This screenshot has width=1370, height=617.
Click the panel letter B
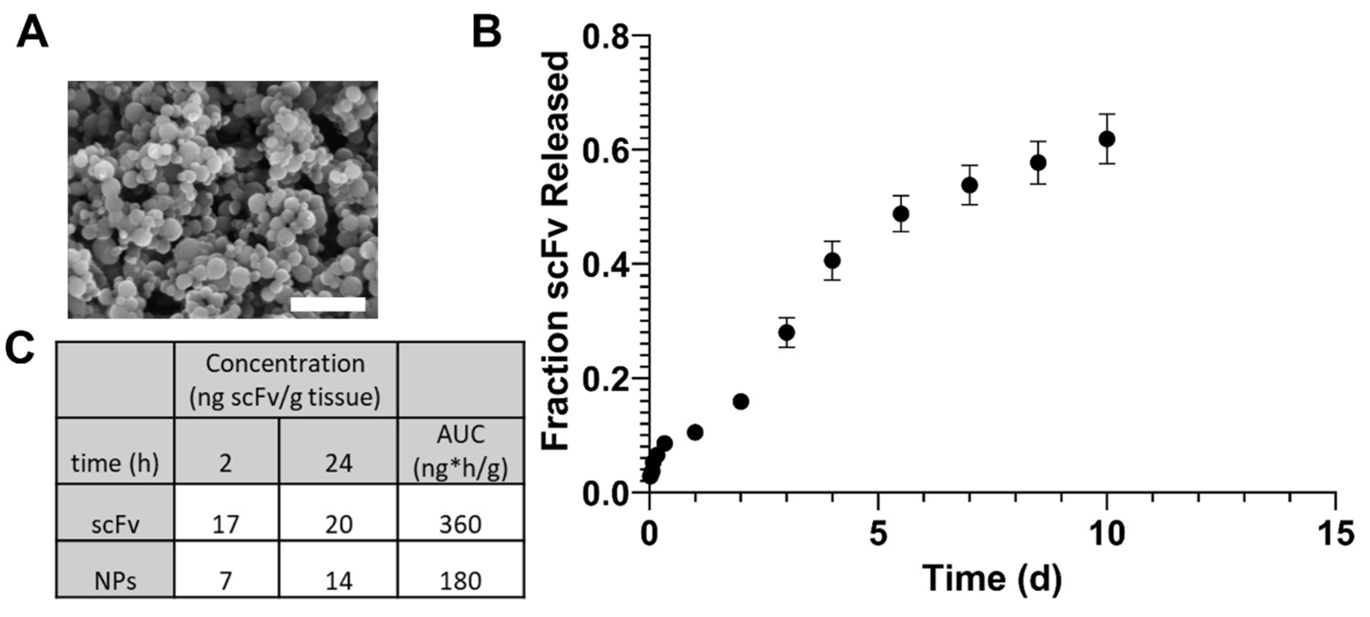coord(487,32)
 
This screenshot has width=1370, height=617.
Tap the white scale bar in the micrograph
coord(328,304)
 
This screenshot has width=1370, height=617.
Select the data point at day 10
coord(1107,139)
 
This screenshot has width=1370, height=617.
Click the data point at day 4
coord(832,261)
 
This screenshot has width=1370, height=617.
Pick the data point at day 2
coord(741,401)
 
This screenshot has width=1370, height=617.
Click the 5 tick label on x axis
coord(878,533)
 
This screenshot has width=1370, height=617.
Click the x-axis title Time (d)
coord(992,578)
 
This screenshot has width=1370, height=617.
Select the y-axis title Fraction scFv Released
coord(555,250)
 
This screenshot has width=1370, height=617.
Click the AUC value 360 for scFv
coord(460,525)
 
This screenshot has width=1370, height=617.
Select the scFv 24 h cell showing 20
coord(338,525)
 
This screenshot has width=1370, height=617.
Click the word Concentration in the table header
coord(285,364)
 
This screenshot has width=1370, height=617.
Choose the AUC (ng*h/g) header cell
coord(460,452)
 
